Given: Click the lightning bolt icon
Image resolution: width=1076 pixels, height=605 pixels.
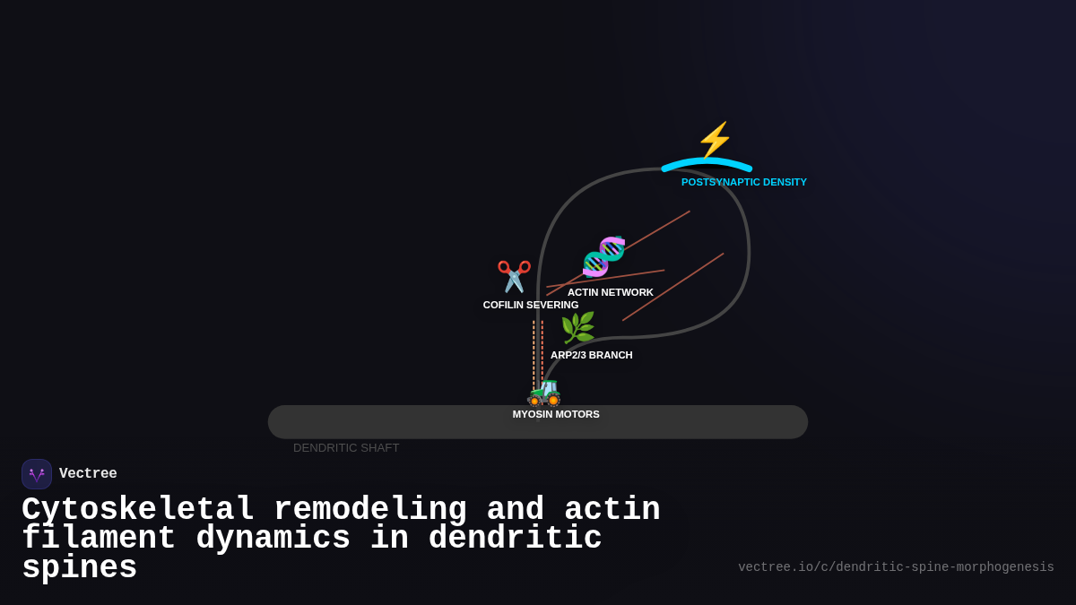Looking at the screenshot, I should pyautogui.click(x=715, y=140).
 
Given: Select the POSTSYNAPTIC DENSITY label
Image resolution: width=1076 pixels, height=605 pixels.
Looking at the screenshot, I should pyautogui.click(x=743, y=182).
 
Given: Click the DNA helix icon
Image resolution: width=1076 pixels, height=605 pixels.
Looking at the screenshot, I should pyautogui.click(x=603, y=256).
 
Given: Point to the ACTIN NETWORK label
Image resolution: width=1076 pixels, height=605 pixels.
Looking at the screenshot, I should pyautogui.click(x=610, y=292).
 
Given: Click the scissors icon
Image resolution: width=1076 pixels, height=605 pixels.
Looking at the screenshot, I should pyautogui.click(x=514, y=276).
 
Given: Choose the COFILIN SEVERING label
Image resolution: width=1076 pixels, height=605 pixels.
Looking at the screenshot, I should pyautogui.click(x=530, y=305).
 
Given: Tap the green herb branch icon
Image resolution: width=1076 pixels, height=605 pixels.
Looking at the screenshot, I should pyautogui.click(x=577, y=328).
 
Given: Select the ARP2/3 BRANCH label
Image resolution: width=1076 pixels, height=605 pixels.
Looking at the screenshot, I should pyautogui.click(x=591, y=355).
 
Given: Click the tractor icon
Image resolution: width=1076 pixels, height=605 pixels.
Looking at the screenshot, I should pyautogui.click(x=544, y=393).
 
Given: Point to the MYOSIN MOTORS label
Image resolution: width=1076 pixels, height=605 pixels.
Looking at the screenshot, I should pyautogui.click(x=556, y=414).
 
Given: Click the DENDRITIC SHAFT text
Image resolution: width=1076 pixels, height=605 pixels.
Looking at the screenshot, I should pyautogui.click(x=346, y=447).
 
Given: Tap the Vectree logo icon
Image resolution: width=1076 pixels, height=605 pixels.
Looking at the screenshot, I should pyautogui.click(x=37, y=474).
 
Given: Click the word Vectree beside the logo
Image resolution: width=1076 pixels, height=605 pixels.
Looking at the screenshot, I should pyautogui.click(x=88, y=474).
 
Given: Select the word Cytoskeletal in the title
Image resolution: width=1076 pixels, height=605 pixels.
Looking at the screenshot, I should pyautogui.click(x=138, y=509).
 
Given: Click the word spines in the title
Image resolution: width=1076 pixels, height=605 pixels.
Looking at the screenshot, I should pyautogui.click(x=79, y=568).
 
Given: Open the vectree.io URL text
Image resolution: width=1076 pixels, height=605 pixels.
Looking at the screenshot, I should pyautogui.click(x=896, y=567).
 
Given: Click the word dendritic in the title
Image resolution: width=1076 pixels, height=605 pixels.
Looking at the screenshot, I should pyautogui.click(x=515, y=539).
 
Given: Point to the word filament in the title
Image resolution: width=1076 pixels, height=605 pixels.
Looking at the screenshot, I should pyautogui.click(x=99, y=539).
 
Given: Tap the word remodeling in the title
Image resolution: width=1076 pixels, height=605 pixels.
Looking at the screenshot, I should pyautogui.click(x=369, y=509).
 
